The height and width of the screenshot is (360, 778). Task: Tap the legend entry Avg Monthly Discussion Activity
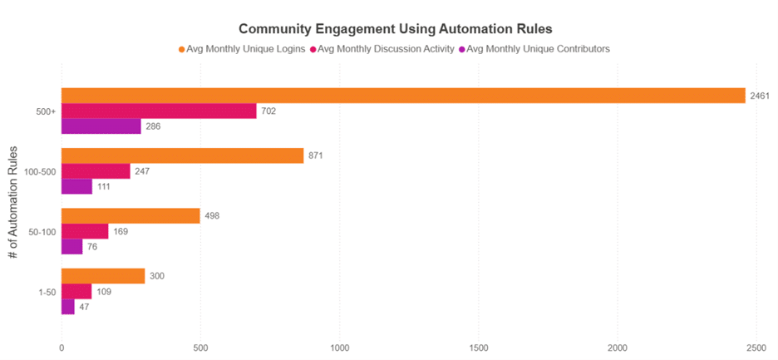(x=382, y=49)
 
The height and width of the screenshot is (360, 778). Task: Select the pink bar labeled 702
(x=159, y=111)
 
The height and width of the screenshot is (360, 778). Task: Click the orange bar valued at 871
(x=182, y=155)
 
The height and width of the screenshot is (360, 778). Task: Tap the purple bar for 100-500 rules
(x=76, y=186)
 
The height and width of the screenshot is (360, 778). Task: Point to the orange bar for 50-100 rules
(x=130, y=216)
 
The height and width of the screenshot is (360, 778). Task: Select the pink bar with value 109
(x=76, y=292)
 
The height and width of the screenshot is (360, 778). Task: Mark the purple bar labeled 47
(x=68, y=307)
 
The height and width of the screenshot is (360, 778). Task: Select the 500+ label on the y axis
(x=46, y=111)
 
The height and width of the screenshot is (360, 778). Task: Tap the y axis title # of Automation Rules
(x=13, y=201)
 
